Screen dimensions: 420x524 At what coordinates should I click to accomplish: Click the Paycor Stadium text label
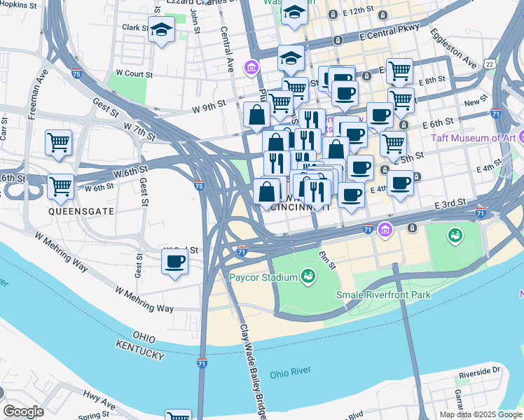pyautogui.click(x=263, y=276)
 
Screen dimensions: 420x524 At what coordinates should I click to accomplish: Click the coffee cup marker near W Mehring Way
pyautogui.click(x=174, y=262)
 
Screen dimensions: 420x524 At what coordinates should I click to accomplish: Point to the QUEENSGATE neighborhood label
pyautogui.click(x=71, y=210)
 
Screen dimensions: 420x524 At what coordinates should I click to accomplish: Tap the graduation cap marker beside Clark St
pyautogui.click(x=161, y=31)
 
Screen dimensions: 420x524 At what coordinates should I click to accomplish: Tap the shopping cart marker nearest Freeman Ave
pyautogui.click(x=59, y=142)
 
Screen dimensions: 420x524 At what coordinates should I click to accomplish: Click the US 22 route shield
pyautogui.click(x=508, y=64)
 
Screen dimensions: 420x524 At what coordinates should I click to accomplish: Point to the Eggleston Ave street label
pyautogui.click(x=453, y=49)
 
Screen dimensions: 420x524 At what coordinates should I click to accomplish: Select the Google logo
pyautogui.click(x=23, y=412)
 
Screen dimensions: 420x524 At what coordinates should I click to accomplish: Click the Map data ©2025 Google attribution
pyautogui.click(x=481, y=414)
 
